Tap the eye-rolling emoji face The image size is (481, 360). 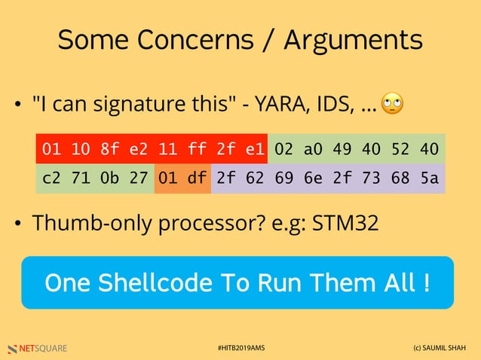pyautogui.click(x=392, y=104)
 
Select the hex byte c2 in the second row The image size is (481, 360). pyautogui.click(x=51, y=179)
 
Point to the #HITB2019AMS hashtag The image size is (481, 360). pyautogui.click(x=240, y=348)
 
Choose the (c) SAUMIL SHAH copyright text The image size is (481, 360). pyautogui.click(x=440, y=348)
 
